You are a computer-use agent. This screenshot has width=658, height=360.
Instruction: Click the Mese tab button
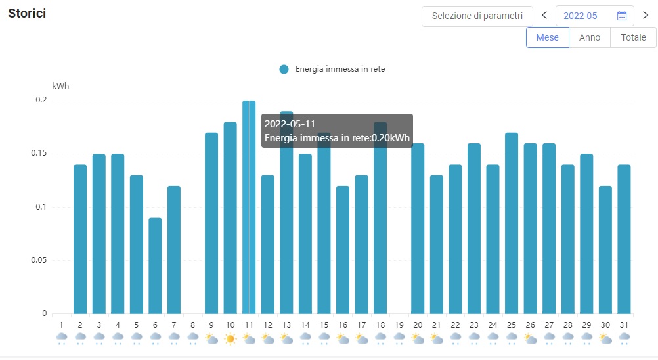pyautogui.click(x=547, y=37)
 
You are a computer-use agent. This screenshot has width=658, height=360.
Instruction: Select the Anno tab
pyautogui.click(x=589, y=37)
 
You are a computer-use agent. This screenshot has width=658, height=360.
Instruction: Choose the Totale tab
pyautogui.click(x=633, y=37)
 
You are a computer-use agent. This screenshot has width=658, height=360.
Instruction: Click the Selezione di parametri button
pyautogui.click(x=477, y=16)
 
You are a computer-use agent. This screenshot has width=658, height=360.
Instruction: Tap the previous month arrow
pyautogui.click(x=544, y=16)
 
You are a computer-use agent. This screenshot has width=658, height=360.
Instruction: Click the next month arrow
pyautogui.click(x=645, y=16)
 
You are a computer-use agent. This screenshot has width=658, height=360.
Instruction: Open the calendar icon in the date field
pyautogui.click(x=622, y=16)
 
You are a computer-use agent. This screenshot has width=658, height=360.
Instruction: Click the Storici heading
pyautogui.click(x=27, y=13)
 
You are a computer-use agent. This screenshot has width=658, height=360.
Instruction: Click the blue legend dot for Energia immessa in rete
pyautogui.click(x=284, y=69)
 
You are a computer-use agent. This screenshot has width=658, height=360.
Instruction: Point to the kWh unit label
pyautogui.click(x=60, y=85)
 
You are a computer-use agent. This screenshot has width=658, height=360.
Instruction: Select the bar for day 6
pyautogui.click(x=155, y=265)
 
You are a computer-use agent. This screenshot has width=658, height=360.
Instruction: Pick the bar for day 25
pyautogui.click(x=512, y=223)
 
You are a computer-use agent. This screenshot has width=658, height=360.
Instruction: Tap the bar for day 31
pyautogui.click(x=624, y=239)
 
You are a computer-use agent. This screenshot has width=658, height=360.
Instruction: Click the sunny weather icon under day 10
pyautogui.click(x=230, y=339)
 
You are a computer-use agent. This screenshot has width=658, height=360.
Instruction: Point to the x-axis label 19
pyautogui.click(x=399, y=325)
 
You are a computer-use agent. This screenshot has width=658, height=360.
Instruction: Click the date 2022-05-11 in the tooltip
pyautogui.click(x=290, y=124)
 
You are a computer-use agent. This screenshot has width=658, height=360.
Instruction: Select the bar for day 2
pyautogui.click(x=80, y=239)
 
